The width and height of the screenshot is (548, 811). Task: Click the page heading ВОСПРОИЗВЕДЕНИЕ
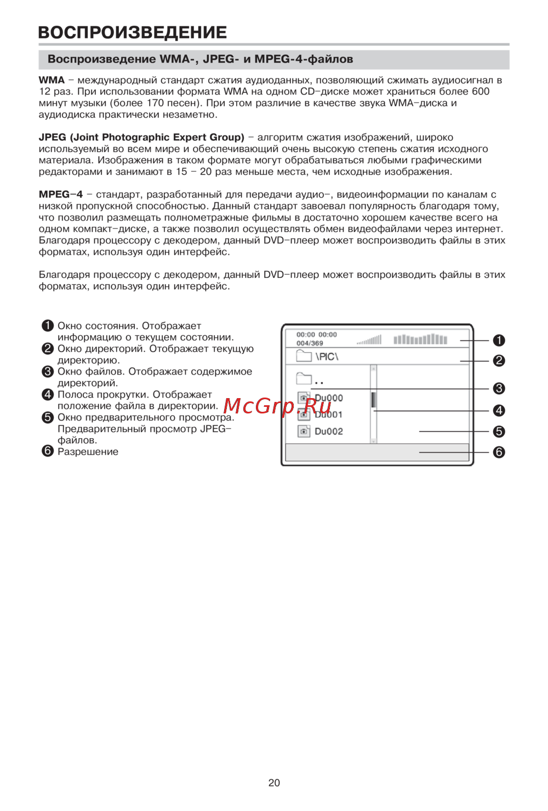(133, 32)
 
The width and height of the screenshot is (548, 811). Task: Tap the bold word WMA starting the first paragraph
(52, 80)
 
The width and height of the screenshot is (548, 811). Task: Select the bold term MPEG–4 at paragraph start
(61, 194)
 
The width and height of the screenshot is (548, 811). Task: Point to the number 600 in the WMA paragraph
(481, 92)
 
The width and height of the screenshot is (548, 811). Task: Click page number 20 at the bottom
(274, 782)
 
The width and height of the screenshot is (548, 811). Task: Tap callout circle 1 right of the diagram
(499, 341)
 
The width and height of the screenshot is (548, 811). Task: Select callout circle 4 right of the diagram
(499, 410)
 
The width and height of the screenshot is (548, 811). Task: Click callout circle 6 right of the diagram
(499, 452)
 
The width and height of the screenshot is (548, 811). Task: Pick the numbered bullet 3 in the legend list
(48, 371)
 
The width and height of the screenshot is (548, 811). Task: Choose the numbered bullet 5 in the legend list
(48, 417)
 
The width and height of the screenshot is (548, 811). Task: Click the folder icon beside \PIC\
(304, 356)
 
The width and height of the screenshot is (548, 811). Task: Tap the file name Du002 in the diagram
(329, 432)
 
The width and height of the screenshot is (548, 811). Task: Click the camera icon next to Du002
(304, 432)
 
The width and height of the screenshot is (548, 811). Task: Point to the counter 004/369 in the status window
(310, 343)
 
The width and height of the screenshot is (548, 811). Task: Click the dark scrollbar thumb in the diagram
(373, 399)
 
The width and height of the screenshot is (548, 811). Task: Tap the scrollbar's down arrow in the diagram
(373, 440)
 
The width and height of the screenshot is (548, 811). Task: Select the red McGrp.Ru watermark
(277, 406)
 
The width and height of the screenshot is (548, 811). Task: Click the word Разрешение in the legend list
(88, 452)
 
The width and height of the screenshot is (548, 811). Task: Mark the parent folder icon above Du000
(304, 378)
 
